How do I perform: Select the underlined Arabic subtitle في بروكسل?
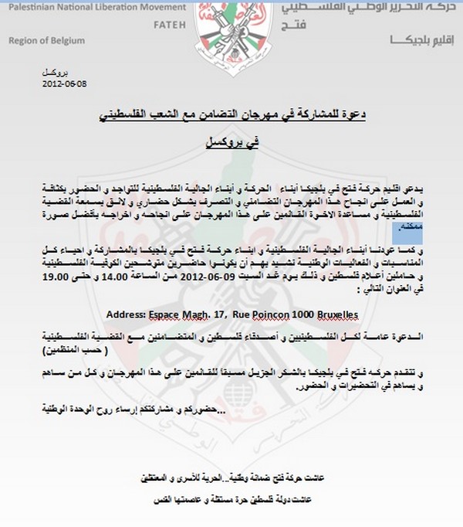232,144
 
